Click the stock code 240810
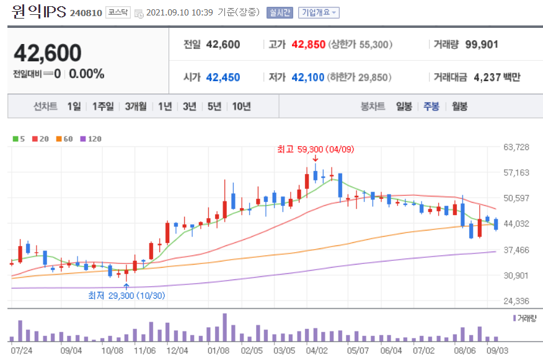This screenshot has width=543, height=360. pos(86,13)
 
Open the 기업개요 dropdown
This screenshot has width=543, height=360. pos(319,12)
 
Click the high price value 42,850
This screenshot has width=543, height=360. pos(308,45)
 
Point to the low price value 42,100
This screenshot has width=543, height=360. pos(308,77)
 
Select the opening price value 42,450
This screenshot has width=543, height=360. pos(223,77)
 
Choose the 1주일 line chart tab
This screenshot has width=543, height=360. pos(103,107)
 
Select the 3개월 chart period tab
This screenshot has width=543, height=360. pos(135,107)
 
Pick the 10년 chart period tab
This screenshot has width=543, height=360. pos(241,107)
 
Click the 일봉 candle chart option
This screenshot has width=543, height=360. pos(404,107)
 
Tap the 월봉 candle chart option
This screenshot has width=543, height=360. pos(459,107)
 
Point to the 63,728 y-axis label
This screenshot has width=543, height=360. pos(518,147)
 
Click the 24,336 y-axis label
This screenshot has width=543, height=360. pos(518,301)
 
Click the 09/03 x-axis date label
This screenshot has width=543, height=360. pos(498,350)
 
